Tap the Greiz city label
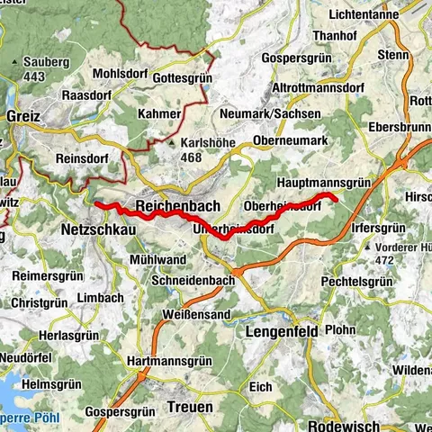(x=22, y=117)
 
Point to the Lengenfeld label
(x=281, y=331)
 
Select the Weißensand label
(x=196, y=315)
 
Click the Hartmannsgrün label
(x=175, y=361)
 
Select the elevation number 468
(x=192, y=157)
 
